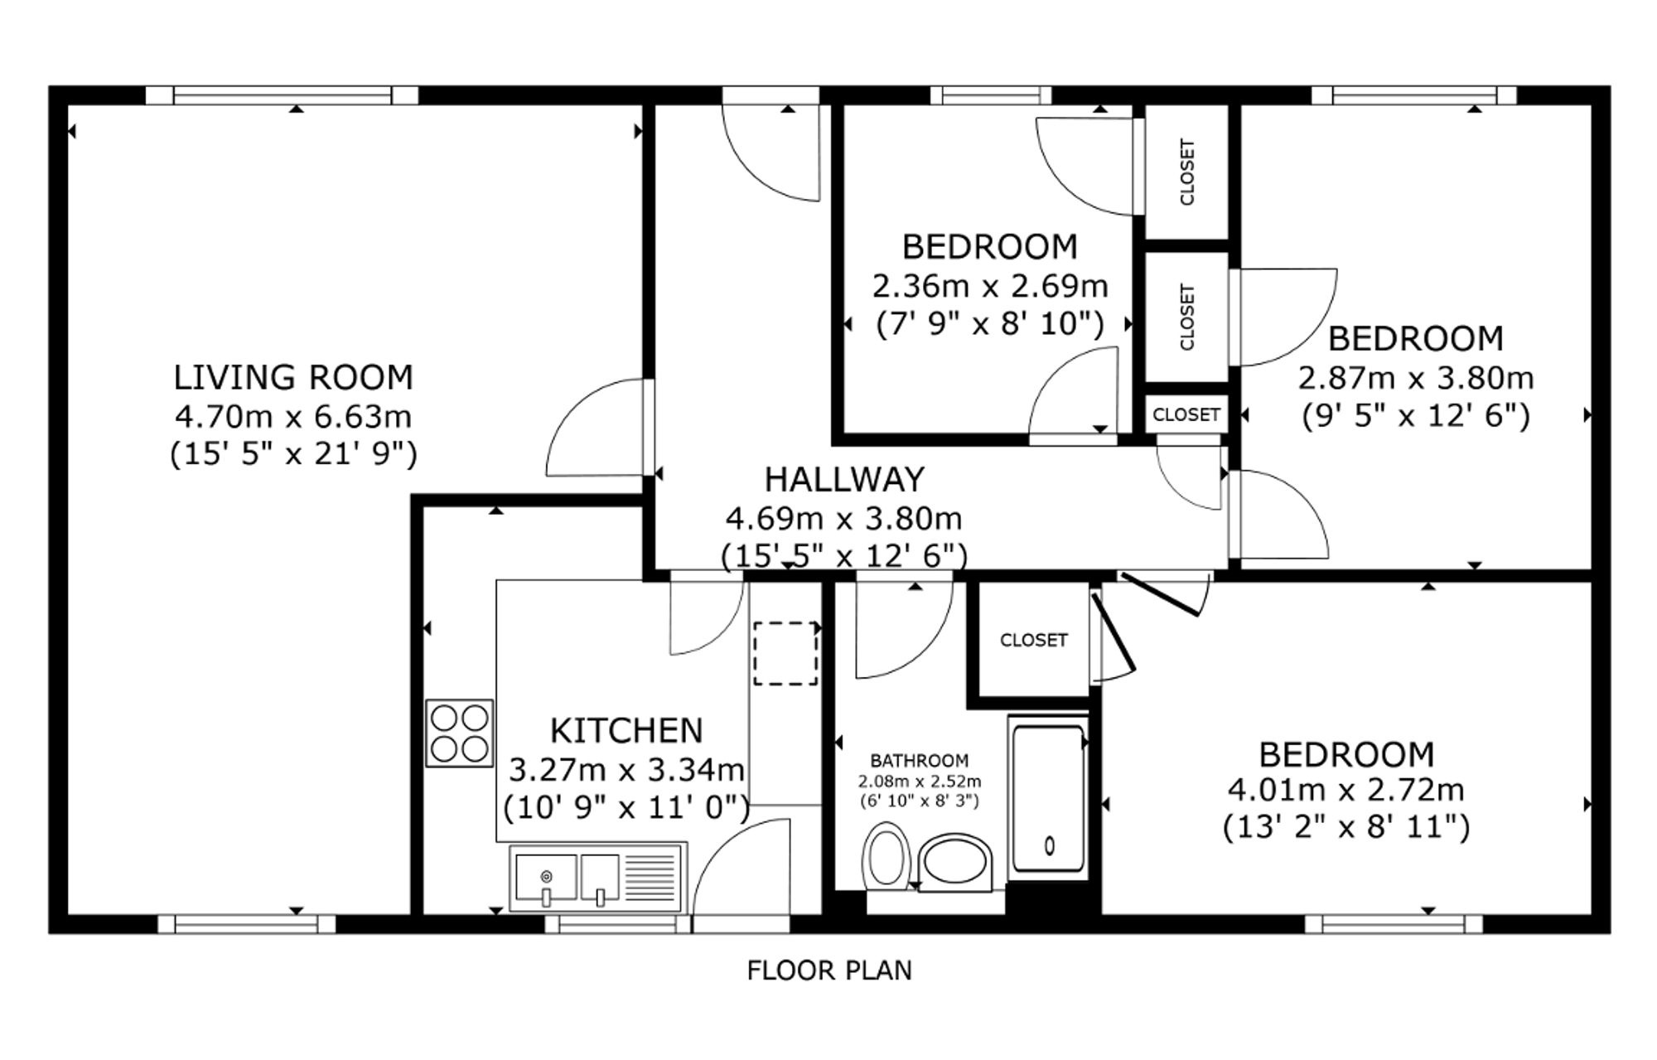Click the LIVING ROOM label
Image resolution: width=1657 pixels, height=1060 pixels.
click(293, 378)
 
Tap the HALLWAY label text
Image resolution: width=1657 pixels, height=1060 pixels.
click(844, 480)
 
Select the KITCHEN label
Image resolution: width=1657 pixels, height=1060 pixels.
click(626, 731)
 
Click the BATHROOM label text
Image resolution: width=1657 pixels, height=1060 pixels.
click(920, 760)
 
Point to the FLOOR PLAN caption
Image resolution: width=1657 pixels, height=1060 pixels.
click(829, 970)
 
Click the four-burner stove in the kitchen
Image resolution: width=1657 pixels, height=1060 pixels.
click(460, 733)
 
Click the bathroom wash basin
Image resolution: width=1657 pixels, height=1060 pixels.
click(955, 863)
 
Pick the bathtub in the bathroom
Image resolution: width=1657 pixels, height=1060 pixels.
click(1049, 799)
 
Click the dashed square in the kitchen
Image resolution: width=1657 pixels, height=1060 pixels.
click(785, 654)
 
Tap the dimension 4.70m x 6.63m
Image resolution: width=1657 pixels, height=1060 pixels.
click(293, 416)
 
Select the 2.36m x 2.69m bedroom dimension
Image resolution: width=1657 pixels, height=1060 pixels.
click(990, 287)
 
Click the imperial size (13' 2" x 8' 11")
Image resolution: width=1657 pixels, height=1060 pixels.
click(1346, 827)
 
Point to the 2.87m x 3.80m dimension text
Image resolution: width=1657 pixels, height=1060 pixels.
click(1416, 379)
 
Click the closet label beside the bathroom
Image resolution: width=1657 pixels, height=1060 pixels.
click(1034, 640)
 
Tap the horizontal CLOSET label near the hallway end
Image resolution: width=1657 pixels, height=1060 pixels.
click(1186, 414)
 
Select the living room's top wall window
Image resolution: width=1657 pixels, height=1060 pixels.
click(282, 95)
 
